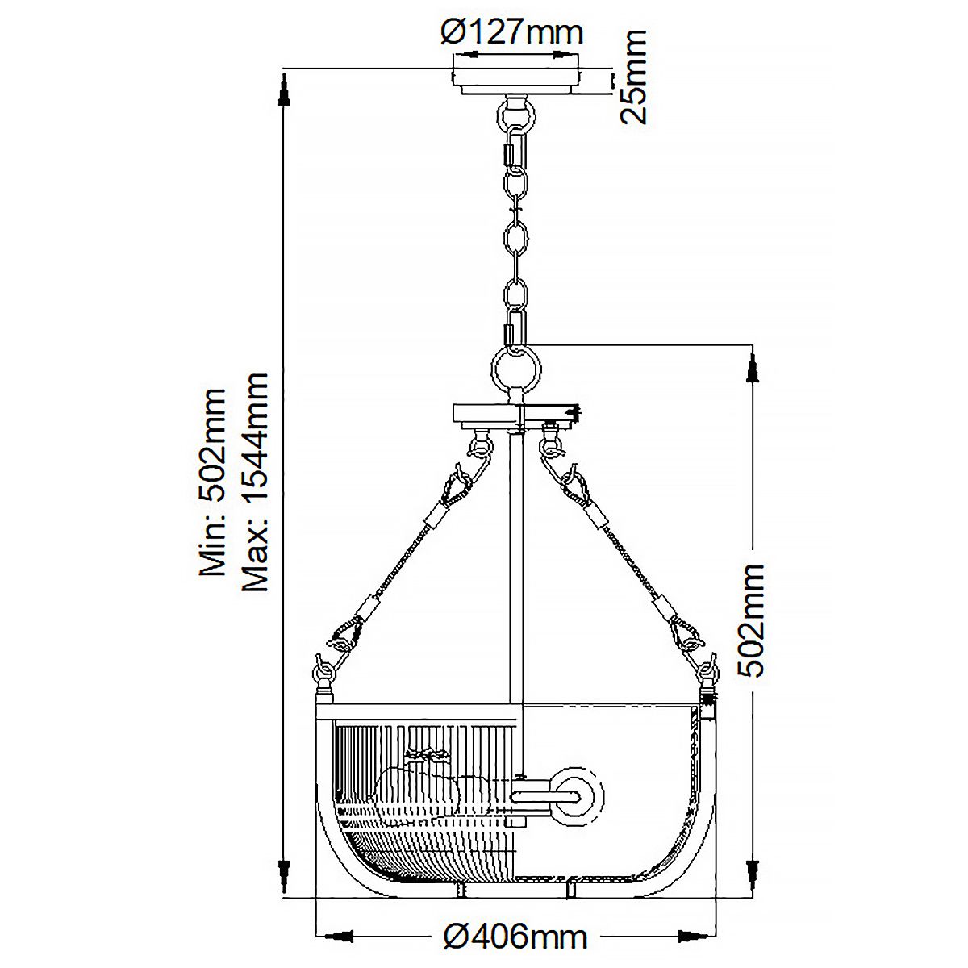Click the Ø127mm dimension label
pos(512,32)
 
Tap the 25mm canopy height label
pos(633,77)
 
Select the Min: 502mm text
pos(212,482)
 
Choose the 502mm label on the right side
pos(752,620)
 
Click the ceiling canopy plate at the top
pos(516,81)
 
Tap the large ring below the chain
pos(516,371)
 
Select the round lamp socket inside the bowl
pos(576,795)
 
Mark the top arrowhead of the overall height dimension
pos(284,90)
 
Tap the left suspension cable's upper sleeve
pos(436,515)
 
